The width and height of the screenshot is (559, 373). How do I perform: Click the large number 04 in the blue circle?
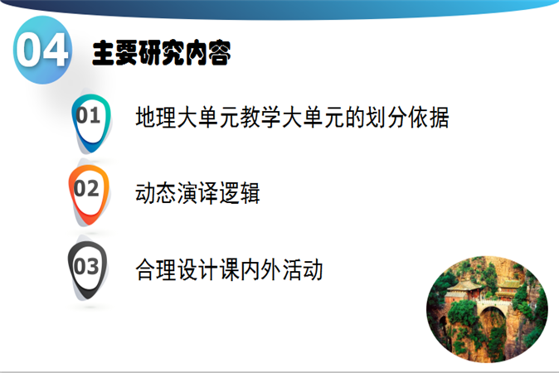(42, 51)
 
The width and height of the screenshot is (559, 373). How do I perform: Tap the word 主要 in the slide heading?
(114, 53)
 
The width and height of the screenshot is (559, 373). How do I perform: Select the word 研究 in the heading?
(161, 53)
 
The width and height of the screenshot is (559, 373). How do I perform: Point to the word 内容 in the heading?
(207, 53)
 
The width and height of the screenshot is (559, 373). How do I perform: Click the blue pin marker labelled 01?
(91, 122)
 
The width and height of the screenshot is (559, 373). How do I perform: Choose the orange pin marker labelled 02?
(89, 194)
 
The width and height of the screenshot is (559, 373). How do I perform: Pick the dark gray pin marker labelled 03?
(87, 269)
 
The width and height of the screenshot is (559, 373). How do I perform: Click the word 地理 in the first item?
(156, 117)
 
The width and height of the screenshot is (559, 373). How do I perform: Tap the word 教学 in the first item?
(260, 117)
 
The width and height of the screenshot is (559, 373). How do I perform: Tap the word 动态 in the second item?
(156, 193)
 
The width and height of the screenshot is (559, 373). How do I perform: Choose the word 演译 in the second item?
(197, 193)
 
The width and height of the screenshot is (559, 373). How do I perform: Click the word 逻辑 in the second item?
(240, 193)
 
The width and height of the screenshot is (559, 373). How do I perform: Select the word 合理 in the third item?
(156, 269)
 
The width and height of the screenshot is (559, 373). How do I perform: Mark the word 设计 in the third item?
(198, 269)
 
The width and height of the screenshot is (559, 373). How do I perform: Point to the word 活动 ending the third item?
(303, 269)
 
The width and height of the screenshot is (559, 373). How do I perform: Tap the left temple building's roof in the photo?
(464, 285)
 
